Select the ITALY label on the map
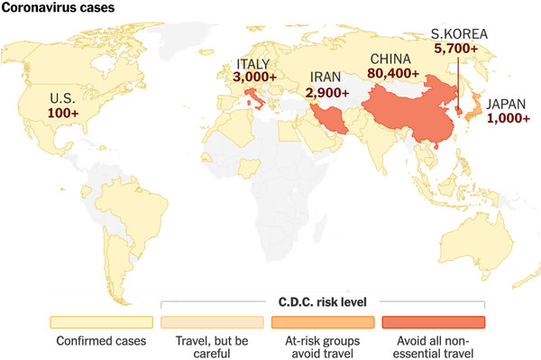coord(253,63)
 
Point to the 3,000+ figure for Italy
coord(254,78)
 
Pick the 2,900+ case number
coord(327,92)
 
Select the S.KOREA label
coord(460,35)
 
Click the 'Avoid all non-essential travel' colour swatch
coord(434,322)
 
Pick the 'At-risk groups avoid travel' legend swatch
coord(323,322)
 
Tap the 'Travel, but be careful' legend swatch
coord(212,322)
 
